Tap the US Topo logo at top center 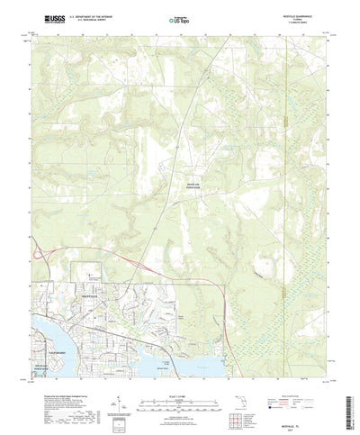tap(180, 17)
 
